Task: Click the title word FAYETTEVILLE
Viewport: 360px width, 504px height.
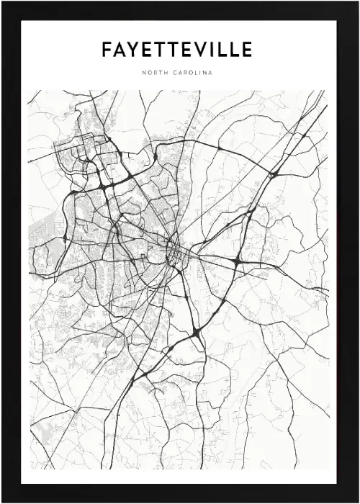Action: [177, 50]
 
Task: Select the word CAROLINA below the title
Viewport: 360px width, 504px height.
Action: [192, 72]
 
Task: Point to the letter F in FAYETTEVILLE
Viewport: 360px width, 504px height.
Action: [107, 50]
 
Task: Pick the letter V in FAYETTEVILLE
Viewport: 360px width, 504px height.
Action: [195, 50]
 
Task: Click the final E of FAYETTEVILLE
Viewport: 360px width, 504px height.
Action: [246, 50]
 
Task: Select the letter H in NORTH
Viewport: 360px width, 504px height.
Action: [168, 72]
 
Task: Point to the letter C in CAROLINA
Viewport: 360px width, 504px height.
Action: [176, 72]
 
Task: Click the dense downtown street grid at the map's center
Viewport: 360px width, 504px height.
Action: [175, 251]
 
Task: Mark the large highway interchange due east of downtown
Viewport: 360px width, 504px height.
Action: [236, 261]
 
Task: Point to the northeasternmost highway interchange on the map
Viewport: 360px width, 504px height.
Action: [273, 174]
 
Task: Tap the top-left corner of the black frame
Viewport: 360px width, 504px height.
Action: [3, 3]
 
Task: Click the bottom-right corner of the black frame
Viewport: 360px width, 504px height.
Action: [357, 501]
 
